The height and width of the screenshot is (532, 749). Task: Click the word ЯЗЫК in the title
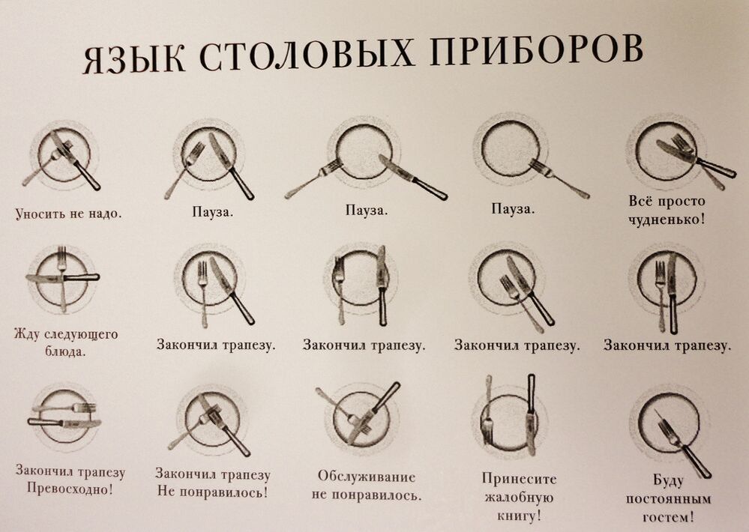pos(134,58)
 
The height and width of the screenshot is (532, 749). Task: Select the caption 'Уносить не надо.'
pos(69,213)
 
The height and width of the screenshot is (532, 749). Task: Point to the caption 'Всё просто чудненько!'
pos(667,210)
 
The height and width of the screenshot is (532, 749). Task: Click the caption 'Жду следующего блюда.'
pos(66,342)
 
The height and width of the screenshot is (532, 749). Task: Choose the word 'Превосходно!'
pos(70,489)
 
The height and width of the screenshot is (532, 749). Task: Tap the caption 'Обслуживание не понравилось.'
pos(367,486)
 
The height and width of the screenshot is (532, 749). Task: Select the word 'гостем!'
pos(669,517)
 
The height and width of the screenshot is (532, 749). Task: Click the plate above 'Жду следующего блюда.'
pos(61,279)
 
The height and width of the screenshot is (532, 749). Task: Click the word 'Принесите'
pos(520,479)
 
